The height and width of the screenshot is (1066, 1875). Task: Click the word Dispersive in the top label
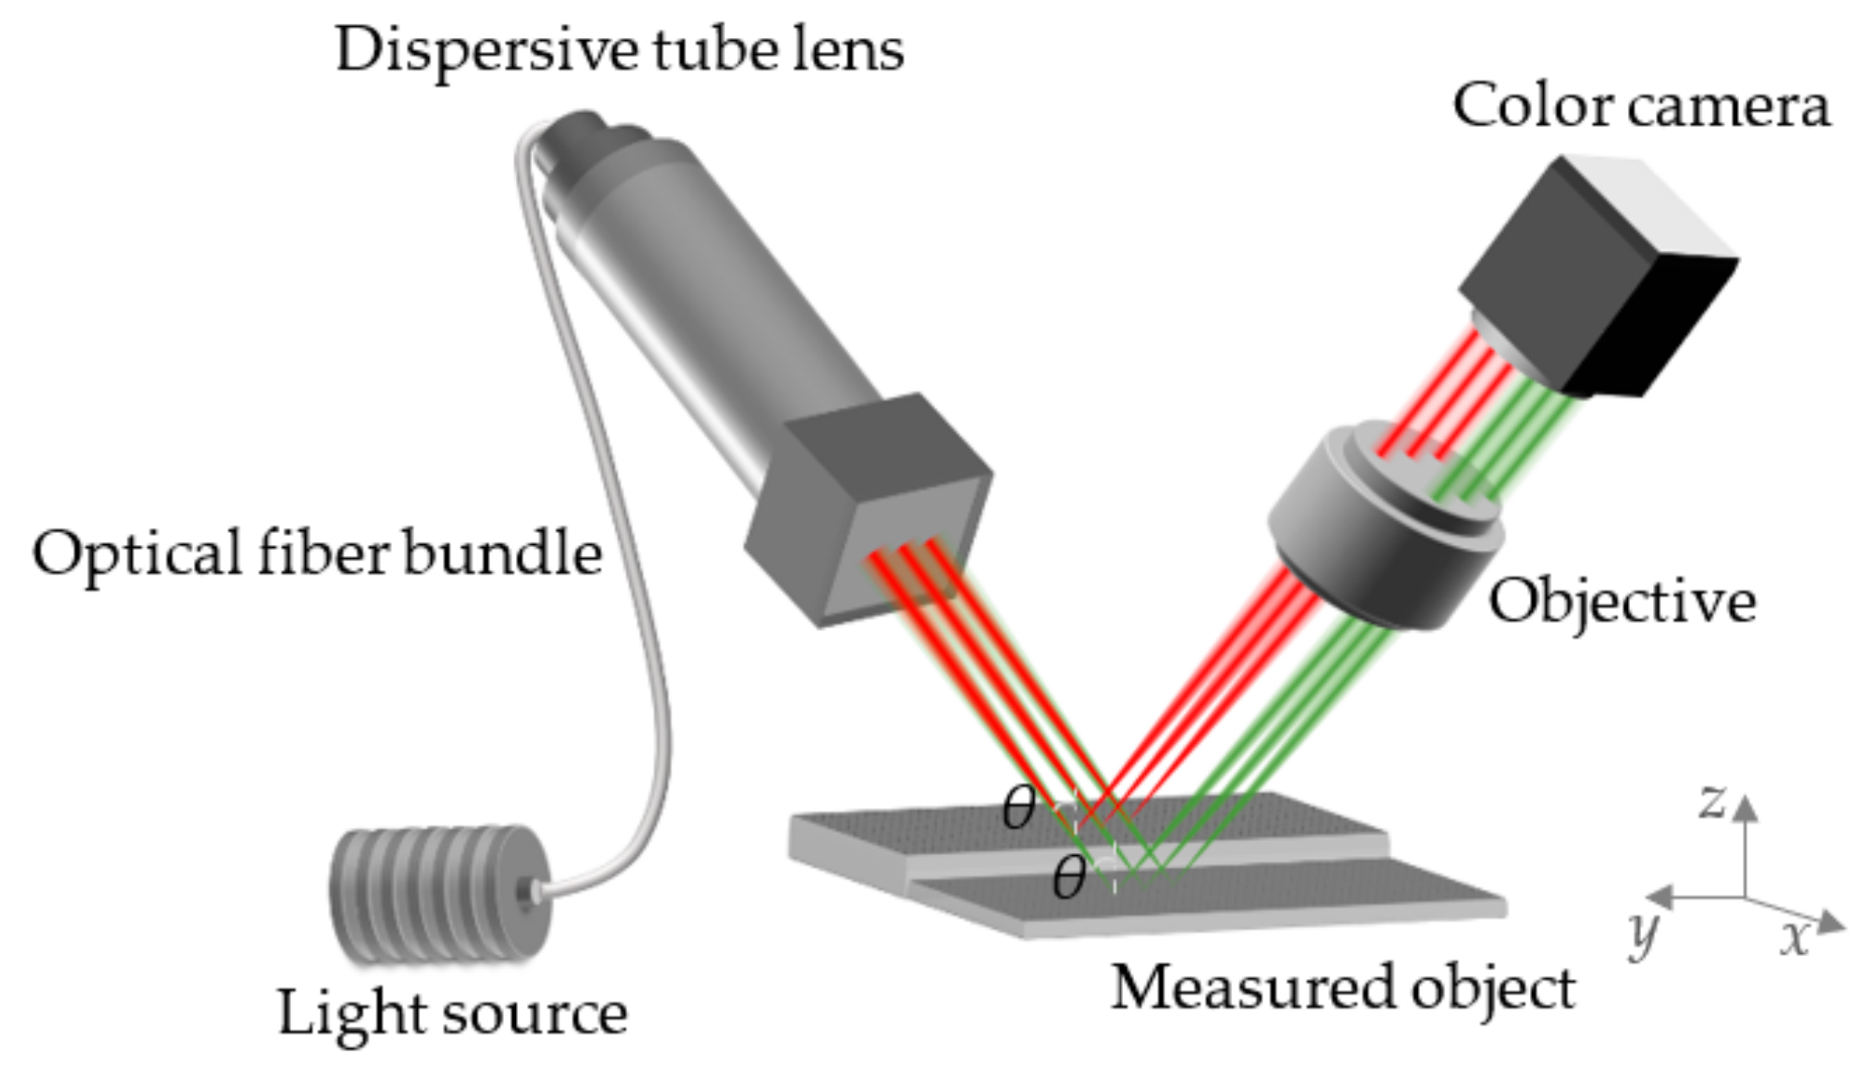coord(486,50)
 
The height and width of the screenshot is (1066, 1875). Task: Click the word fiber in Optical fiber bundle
coord(323,553)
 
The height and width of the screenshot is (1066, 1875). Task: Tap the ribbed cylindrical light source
coord(438,895)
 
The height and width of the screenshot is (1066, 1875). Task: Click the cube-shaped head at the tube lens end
coord(868,512)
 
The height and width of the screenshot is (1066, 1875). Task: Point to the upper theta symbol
coord(1018,808)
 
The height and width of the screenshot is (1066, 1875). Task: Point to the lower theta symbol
coord(1069,877)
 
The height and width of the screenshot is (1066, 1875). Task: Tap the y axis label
coord(1642,934)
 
